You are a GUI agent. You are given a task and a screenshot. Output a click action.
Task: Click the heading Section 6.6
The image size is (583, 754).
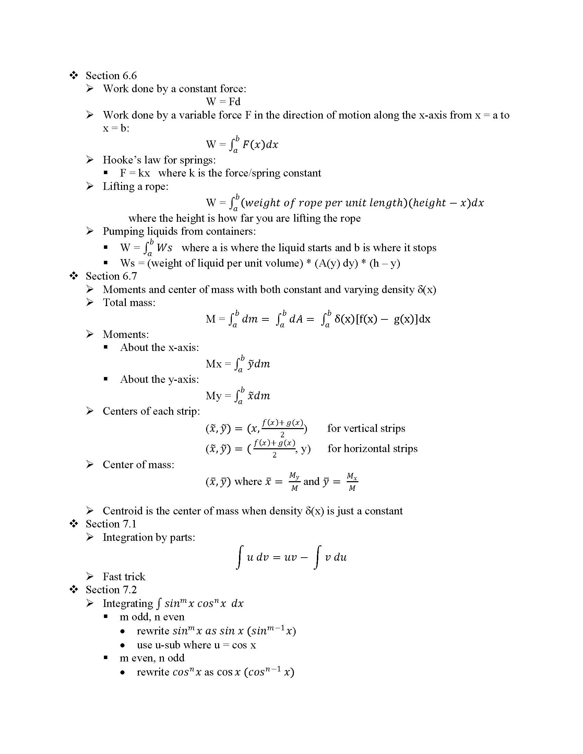coord(111,76)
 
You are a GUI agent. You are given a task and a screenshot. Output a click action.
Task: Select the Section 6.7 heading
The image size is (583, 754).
coord(111,276)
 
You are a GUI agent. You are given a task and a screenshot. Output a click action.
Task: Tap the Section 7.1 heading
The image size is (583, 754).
coord(111,524)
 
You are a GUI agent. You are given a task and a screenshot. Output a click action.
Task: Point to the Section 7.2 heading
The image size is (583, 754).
coord(111,590)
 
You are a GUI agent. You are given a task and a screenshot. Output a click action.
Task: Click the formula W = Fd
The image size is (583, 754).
coord(223,102)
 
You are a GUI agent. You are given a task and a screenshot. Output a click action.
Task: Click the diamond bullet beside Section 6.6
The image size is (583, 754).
coord(74,75)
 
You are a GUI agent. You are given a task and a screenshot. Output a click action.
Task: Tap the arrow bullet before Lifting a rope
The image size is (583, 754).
coord(90,186)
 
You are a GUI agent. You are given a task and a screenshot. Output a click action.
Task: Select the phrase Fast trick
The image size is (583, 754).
coord(124,577)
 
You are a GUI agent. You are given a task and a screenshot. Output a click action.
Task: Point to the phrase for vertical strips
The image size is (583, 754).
coord(366,428)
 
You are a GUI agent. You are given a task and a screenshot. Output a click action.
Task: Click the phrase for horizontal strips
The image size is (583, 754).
coord(372,449)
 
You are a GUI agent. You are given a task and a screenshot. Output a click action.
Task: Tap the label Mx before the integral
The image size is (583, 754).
coord(213,364)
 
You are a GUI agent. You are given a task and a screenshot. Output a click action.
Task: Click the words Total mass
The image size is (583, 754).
coord(129,303)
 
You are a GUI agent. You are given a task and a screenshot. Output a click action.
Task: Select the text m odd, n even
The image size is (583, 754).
coord(152,617)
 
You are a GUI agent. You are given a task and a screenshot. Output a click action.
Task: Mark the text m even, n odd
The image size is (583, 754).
coord(152,658)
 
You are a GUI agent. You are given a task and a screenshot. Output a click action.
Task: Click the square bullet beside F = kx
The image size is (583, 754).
coord(106,173)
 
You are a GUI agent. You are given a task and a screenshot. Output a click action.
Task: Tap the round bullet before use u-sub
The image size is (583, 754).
coord(123,646)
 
